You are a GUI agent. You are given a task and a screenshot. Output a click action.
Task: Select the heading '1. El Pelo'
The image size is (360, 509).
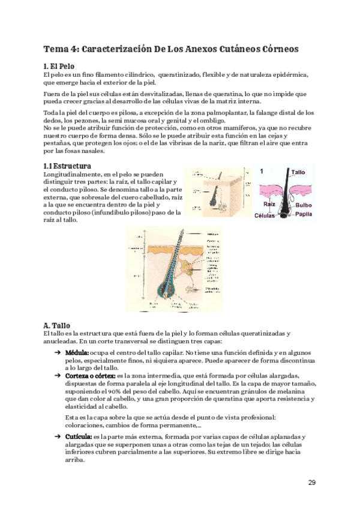tap(59, 66)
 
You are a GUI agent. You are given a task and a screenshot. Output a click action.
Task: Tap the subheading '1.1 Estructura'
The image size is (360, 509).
tap(67, 165)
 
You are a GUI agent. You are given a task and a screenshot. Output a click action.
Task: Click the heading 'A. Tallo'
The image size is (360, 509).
tap(57, 325)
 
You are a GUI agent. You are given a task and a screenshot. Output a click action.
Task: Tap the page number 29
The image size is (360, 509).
tap(312, 483)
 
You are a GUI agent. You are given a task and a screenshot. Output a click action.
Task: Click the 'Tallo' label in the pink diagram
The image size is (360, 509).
tap(298, 172)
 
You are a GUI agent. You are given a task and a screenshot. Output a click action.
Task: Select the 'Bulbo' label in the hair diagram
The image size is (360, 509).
tap(303, 205)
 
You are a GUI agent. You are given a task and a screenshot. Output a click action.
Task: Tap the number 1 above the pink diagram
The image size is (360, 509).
tap(262, 171)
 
